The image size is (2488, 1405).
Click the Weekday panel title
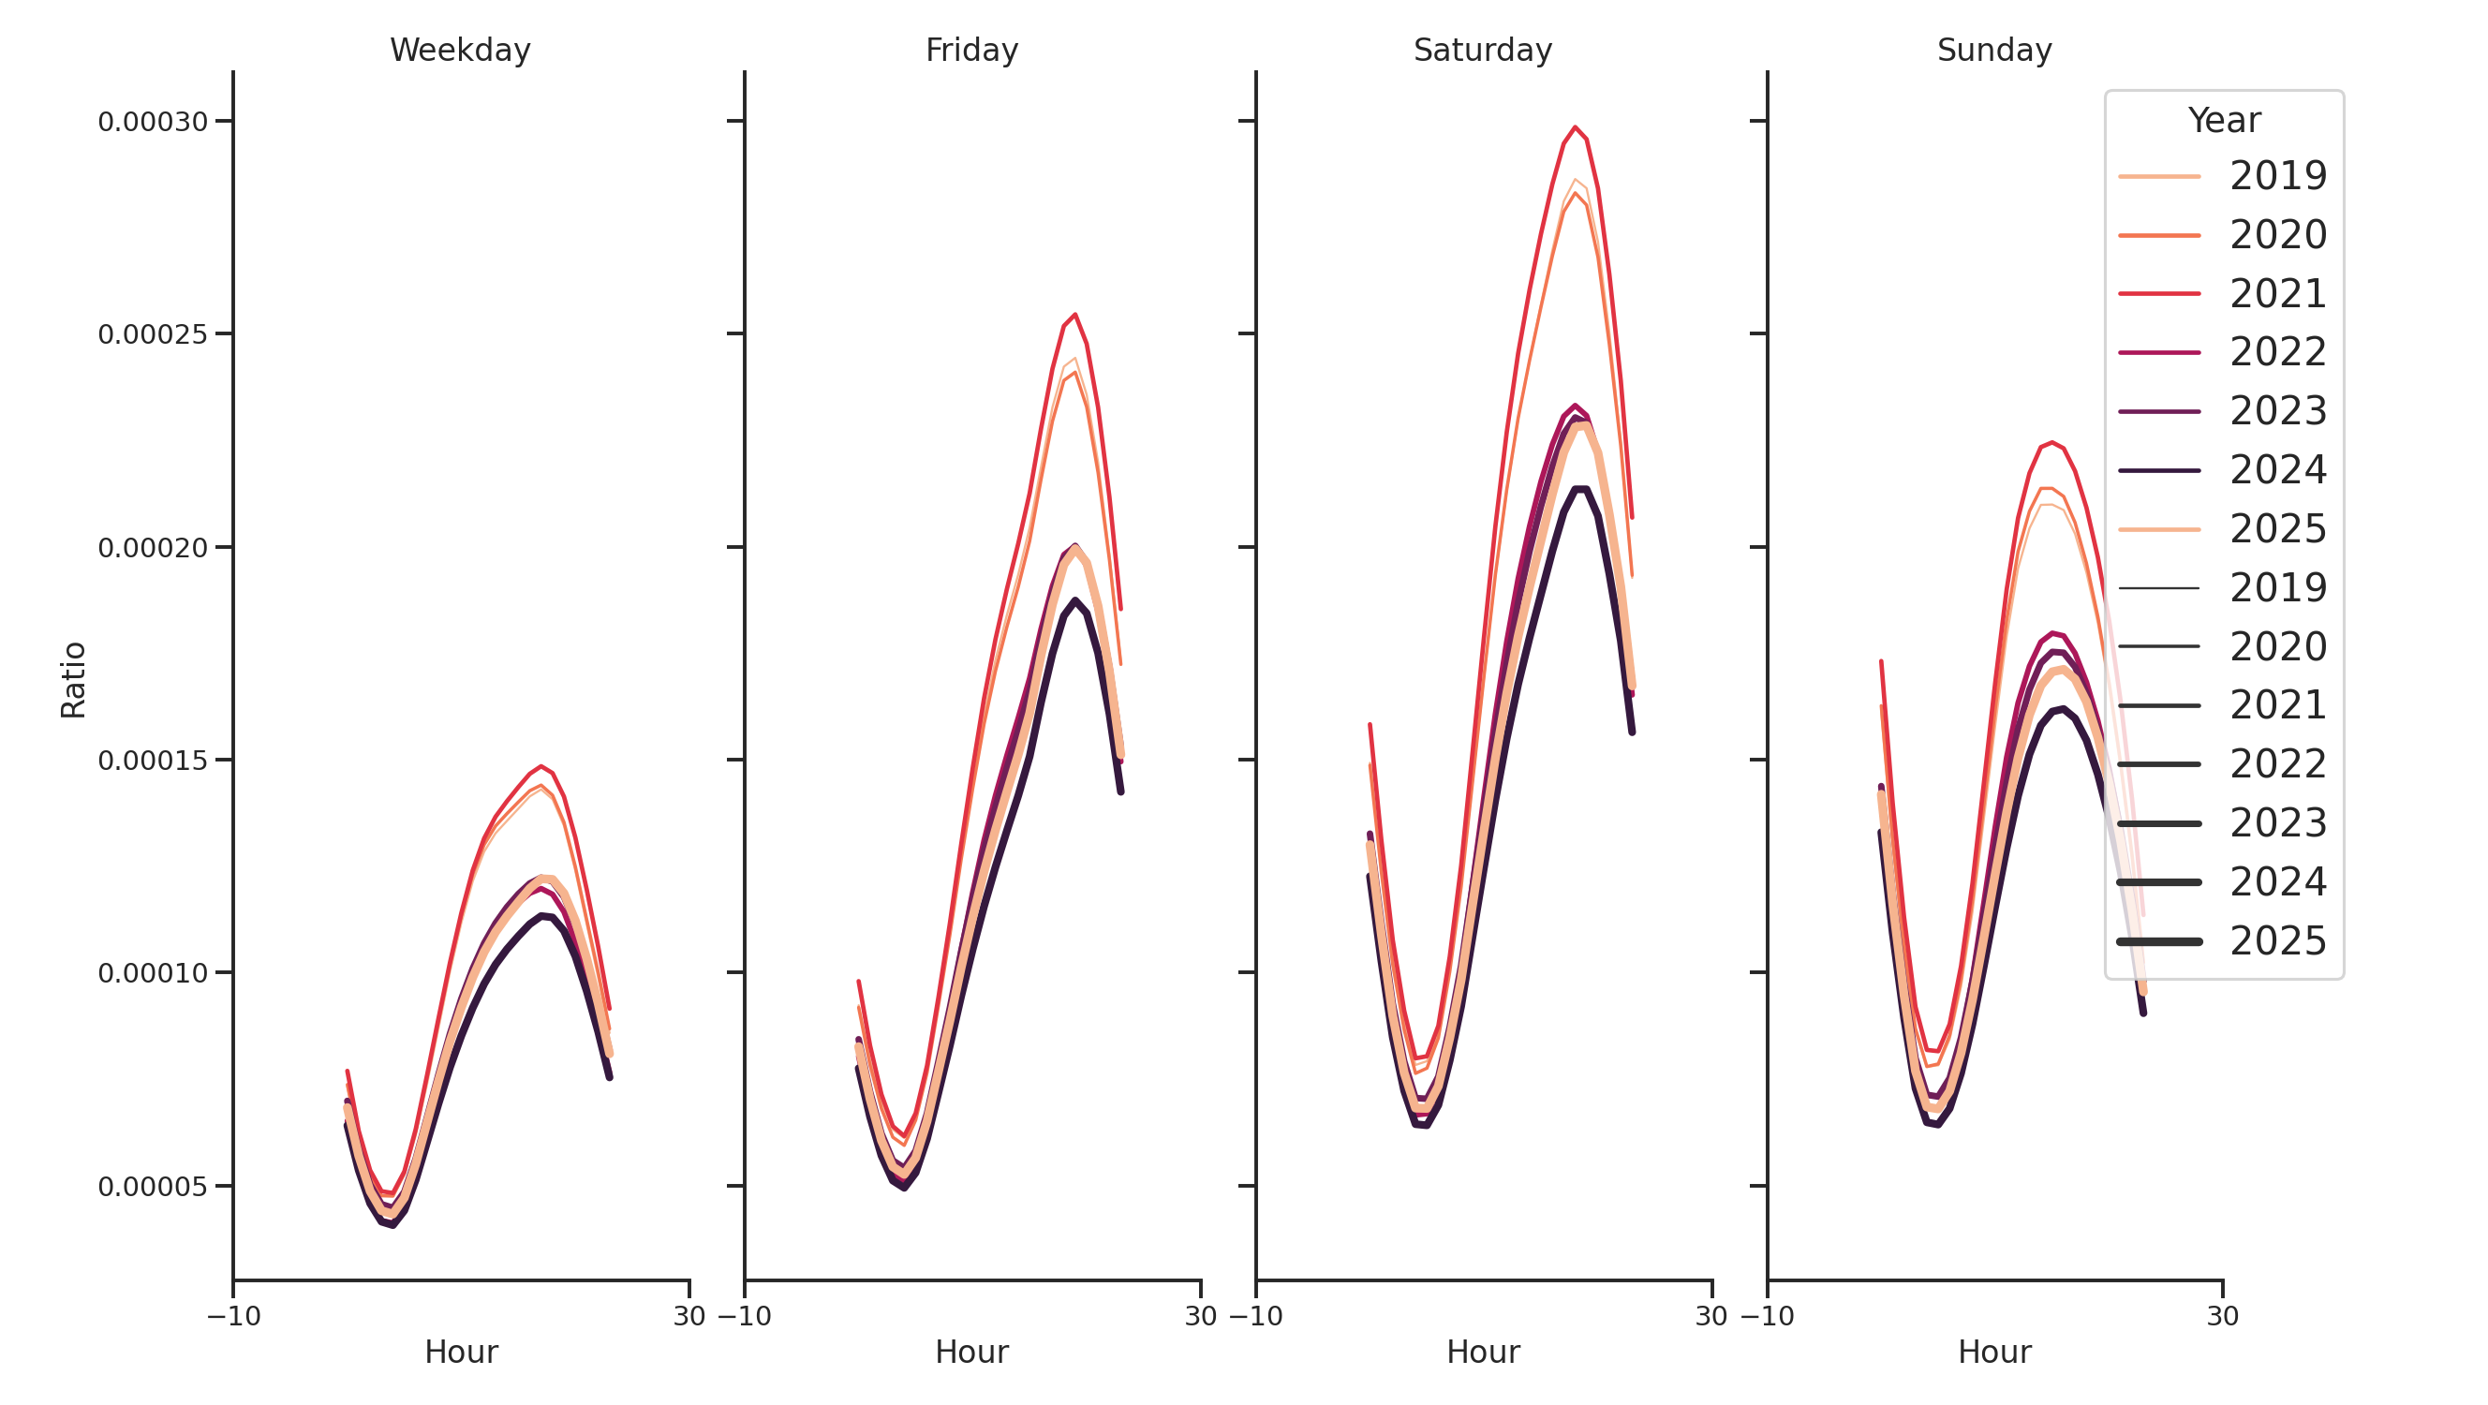(x=460, y=51)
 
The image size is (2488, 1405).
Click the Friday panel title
(x=970, y=51)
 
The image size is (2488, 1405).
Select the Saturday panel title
(x=1482, y=51)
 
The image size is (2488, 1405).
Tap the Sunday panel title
(x=1993, y=51)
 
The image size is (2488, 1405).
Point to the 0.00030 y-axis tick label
(x=153, y=123)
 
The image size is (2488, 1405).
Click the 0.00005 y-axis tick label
(x=153, y=1187)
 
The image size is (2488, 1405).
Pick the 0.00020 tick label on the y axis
(x=153, y=549)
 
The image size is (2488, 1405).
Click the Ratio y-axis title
(x=73, y=680)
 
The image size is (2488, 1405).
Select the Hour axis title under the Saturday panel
(x=1483, y=1352)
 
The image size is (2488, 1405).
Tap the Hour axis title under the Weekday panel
(x=461, y=1352)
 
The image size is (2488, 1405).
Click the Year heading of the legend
(x=2223, y=121)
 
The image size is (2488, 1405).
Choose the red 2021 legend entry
(x=2221, y=293)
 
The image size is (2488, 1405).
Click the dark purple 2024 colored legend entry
(x=2221, y=470)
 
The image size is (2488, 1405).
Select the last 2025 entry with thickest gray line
(x=2221, y=941)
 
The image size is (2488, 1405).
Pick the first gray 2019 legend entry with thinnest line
(x=2221, y=588)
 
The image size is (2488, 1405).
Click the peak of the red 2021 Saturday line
(x=1575, y=127)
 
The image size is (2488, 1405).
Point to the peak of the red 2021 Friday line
(x=1075, y=315)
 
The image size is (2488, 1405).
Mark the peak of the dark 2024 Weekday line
(x=543, y=915)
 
